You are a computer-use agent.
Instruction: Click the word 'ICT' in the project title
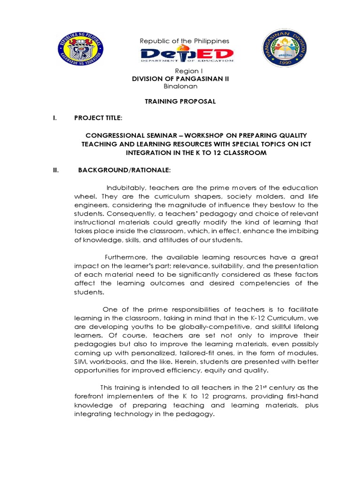(305, 144)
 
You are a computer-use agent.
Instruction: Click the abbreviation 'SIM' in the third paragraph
(80, 362)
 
